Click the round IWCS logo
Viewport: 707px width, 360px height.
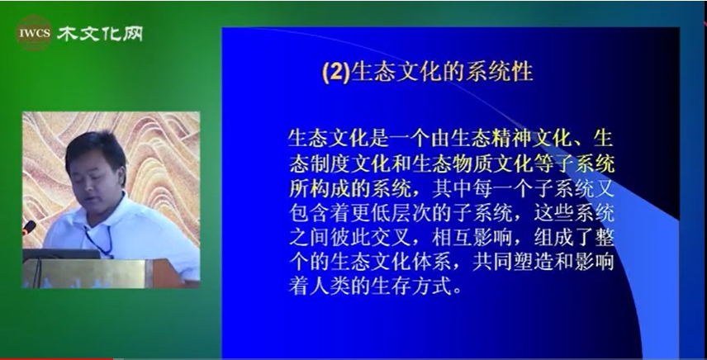point(34,33)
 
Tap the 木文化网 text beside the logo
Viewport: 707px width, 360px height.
point(100,33)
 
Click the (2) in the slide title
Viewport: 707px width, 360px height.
point(336,73)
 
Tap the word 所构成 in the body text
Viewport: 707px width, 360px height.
point(320,190)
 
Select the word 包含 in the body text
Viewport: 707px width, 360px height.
point(310,215)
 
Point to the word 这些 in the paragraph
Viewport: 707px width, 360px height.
point(554,215)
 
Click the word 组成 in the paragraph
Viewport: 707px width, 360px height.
point(554,239)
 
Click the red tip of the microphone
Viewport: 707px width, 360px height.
point(28,227)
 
